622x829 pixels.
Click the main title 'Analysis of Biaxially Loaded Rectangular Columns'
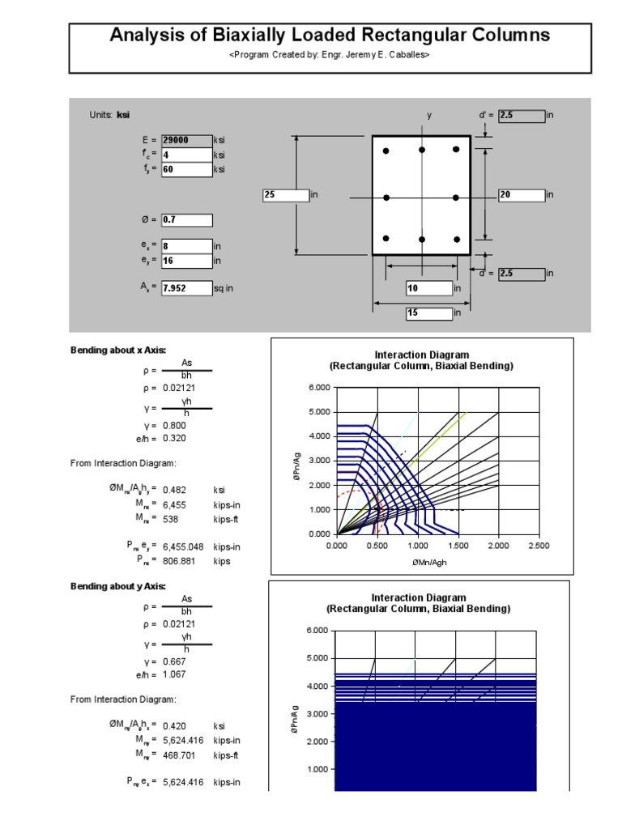329,36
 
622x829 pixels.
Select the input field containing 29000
186,140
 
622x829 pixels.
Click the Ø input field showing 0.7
186,220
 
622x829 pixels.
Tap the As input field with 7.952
186,287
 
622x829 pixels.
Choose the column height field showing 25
286,195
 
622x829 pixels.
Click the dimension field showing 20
522,195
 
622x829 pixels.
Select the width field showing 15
428,312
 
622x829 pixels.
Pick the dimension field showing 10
428,288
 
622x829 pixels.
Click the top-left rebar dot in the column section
386,151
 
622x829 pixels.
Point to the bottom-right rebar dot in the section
457,240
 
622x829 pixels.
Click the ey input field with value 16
186,261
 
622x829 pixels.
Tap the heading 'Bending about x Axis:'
118,350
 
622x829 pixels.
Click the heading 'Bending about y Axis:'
118,585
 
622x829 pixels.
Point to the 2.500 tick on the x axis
538,546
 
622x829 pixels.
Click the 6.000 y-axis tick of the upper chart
320,388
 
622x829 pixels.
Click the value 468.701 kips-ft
180,755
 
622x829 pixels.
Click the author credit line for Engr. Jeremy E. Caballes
329,55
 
